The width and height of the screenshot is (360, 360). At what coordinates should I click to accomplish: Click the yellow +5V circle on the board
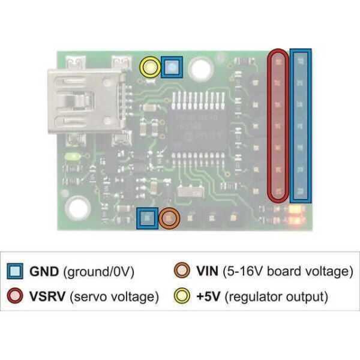pyautogui.click(x=150, y=67)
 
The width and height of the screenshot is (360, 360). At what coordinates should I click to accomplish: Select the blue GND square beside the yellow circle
pyautogui.click(x=172, y=67)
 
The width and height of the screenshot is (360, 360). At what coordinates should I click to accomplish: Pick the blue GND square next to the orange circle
pyautogui.click(x=147, y=218)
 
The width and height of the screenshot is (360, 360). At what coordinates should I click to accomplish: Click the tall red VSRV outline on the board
pyautogui.click(x=277, y=125)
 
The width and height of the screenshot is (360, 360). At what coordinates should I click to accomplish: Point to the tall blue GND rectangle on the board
pyautogui.click(x=301, y=125)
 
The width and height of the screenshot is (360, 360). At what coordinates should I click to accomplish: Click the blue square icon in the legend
pyautogui.click(x=14, y=272)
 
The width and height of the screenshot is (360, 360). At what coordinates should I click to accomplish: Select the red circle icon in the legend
pyautogui.click(x=14, y=296)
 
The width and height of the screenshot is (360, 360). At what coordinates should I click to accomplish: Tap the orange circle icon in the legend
pyautogui.click(x=182, y=272)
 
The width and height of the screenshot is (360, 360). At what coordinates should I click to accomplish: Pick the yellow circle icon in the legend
pyautogui.click(x=182, y=296)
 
